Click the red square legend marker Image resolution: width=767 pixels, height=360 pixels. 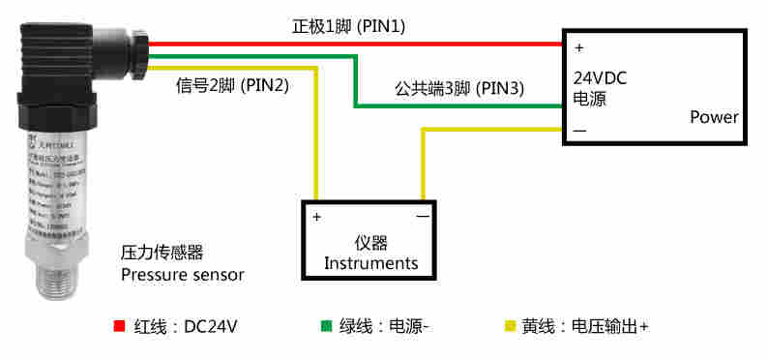point(120,326)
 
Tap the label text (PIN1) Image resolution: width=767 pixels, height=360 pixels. point(381,27)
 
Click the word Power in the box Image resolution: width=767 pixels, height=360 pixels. point(714,117)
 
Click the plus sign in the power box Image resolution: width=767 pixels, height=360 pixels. point(578,46)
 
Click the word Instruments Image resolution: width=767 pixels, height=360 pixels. point(370,262)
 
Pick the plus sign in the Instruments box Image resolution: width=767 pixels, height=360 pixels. point(316,217)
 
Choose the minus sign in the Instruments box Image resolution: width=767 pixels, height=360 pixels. point(423,217)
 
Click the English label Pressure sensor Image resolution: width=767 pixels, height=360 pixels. point(183,275)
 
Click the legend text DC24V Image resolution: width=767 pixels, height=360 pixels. point(211,326)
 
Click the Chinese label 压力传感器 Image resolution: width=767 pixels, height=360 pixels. point(162,253)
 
